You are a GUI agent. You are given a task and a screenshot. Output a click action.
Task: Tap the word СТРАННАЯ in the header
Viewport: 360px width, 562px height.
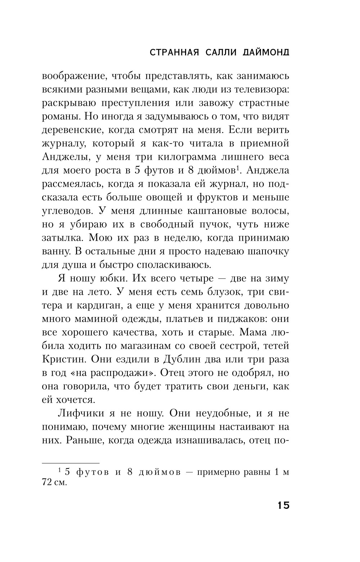pos(172,53)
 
